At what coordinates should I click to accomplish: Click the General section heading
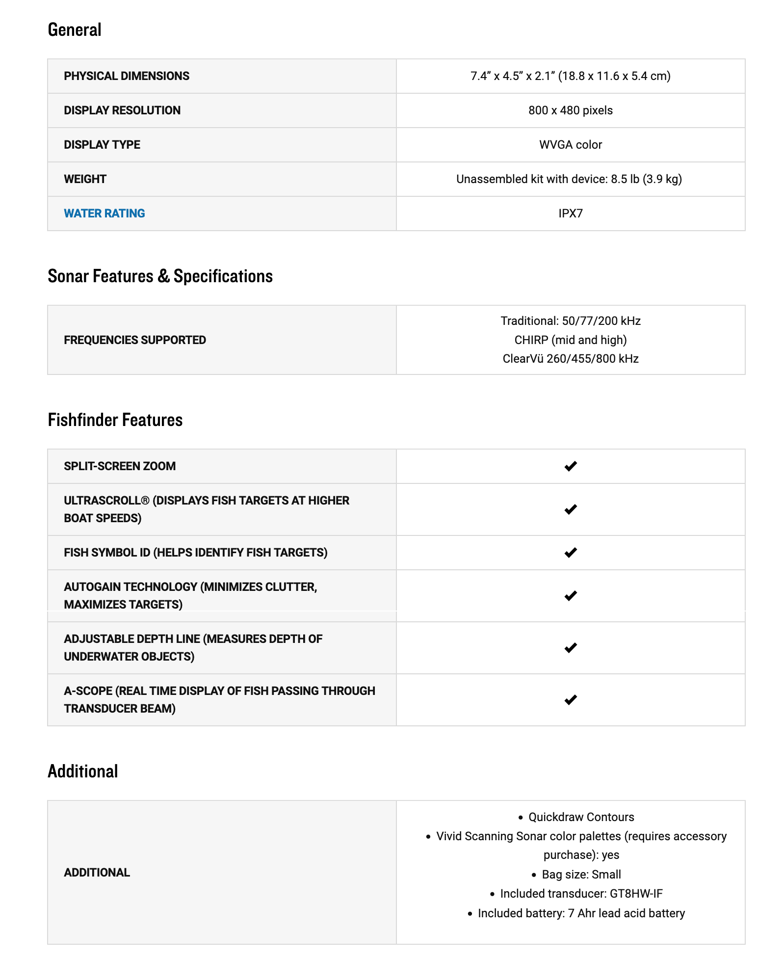pos(75,30)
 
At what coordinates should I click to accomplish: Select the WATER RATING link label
pos(104,213)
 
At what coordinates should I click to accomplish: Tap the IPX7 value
pos(571,213)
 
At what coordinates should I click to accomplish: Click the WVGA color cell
pos(571,145)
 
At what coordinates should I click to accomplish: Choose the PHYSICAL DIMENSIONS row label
pos(127,76)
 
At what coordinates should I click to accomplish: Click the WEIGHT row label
pos(85,179)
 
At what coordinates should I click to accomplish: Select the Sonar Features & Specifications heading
pos(160,276)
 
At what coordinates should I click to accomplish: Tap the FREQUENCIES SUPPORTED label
pos(135,340)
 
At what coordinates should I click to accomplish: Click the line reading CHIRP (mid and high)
pos(571,340)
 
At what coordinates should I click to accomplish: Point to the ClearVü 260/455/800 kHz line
pos(571,359)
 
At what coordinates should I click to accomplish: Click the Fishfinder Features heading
pos(115,420)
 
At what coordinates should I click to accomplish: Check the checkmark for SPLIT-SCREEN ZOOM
pos(571,466)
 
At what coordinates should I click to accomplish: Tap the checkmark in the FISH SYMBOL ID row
pos(571,553)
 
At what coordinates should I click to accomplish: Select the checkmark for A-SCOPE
pos(571,700)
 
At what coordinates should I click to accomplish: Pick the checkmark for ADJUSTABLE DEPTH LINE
pos(571,648)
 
